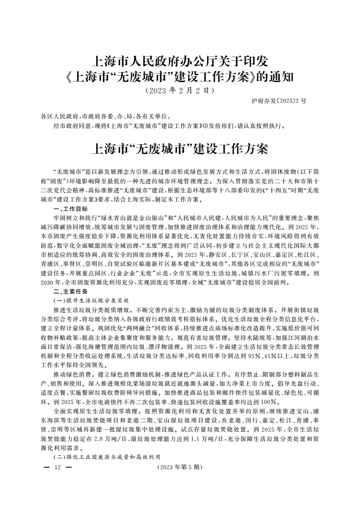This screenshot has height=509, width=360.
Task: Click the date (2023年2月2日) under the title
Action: tap(180, 90)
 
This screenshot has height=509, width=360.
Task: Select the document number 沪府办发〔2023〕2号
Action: tap(279, 101)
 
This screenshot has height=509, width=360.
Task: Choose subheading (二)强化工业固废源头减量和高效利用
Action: tap(108, 456)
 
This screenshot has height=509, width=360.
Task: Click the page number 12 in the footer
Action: tap(57, 467)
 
